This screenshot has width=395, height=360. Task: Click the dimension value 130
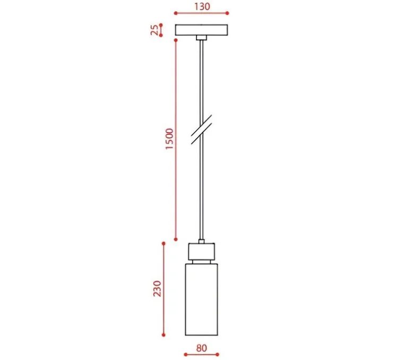201,6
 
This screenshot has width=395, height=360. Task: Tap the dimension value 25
155,30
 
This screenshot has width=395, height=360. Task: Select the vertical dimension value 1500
169,139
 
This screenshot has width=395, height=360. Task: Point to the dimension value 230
157,288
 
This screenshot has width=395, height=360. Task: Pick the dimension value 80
201,348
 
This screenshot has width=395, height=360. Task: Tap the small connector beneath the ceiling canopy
201,38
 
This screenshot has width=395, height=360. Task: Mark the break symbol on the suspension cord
201,128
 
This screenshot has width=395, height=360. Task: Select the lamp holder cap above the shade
201,252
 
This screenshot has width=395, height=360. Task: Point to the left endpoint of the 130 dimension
176,13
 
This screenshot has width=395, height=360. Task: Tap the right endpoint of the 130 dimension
227,13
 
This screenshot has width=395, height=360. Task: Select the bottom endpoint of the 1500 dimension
176,238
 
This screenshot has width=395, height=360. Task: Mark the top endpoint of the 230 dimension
164,244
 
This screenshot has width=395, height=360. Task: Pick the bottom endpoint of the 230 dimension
164,335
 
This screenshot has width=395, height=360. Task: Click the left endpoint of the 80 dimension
185,355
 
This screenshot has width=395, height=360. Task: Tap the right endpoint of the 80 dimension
218,355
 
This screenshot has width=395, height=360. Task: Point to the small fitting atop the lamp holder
201,241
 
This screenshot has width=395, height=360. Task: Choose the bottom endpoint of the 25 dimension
161,35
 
